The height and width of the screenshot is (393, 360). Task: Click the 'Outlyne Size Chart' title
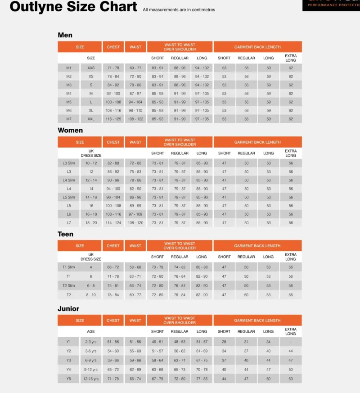coord(73,7)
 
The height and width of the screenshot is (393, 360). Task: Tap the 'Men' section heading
coord(65,35)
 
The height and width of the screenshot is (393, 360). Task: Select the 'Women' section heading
coord(70,130)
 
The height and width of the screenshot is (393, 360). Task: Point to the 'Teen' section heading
coord(65,234)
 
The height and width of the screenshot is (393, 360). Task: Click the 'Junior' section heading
coord(68,309)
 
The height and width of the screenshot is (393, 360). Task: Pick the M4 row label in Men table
coord(69,94)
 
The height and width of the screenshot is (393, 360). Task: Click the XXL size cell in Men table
coord(91,119)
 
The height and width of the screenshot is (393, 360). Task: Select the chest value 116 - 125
coord(113,119)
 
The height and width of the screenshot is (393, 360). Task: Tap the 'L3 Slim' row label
coord(69,163)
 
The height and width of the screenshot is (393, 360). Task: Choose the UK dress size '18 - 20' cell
coord(91,223)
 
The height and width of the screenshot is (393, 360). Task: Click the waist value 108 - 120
coord(135,223)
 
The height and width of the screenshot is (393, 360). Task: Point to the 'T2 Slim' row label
coord(69,286)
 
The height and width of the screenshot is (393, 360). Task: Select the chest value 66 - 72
coord(113,267)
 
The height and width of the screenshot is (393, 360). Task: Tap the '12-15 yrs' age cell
coord(91,379)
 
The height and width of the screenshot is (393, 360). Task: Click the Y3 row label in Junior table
coord(69,360)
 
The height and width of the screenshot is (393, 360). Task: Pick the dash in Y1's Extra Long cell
coord(291,342)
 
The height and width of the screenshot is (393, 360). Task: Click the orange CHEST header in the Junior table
coord(113,321)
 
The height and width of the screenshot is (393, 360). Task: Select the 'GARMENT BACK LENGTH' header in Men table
coord(257,47)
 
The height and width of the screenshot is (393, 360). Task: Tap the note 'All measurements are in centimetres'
coord(179,10)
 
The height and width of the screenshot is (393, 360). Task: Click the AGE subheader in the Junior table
coord(91,332)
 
